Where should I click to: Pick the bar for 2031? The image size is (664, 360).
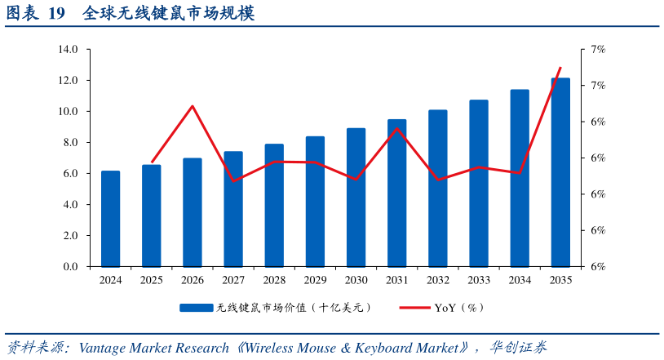coord(397,193)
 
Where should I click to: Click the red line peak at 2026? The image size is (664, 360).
coord(193,106)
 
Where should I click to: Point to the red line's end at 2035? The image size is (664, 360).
coord(560,68)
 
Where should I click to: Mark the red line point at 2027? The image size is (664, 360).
coord(233,180)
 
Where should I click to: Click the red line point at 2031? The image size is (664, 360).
coord(397,128)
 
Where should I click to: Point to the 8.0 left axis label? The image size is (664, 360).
coord(68,143)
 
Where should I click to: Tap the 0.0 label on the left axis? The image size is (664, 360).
coord(68,267)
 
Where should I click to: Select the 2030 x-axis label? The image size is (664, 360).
coord(356,280)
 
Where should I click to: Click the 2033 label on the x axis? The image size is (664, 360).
coord(479,280)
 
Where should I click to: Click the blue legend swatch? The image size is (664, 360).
coord(197,308)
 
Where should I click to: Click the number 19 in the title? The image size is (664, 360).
coord(56,14)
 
